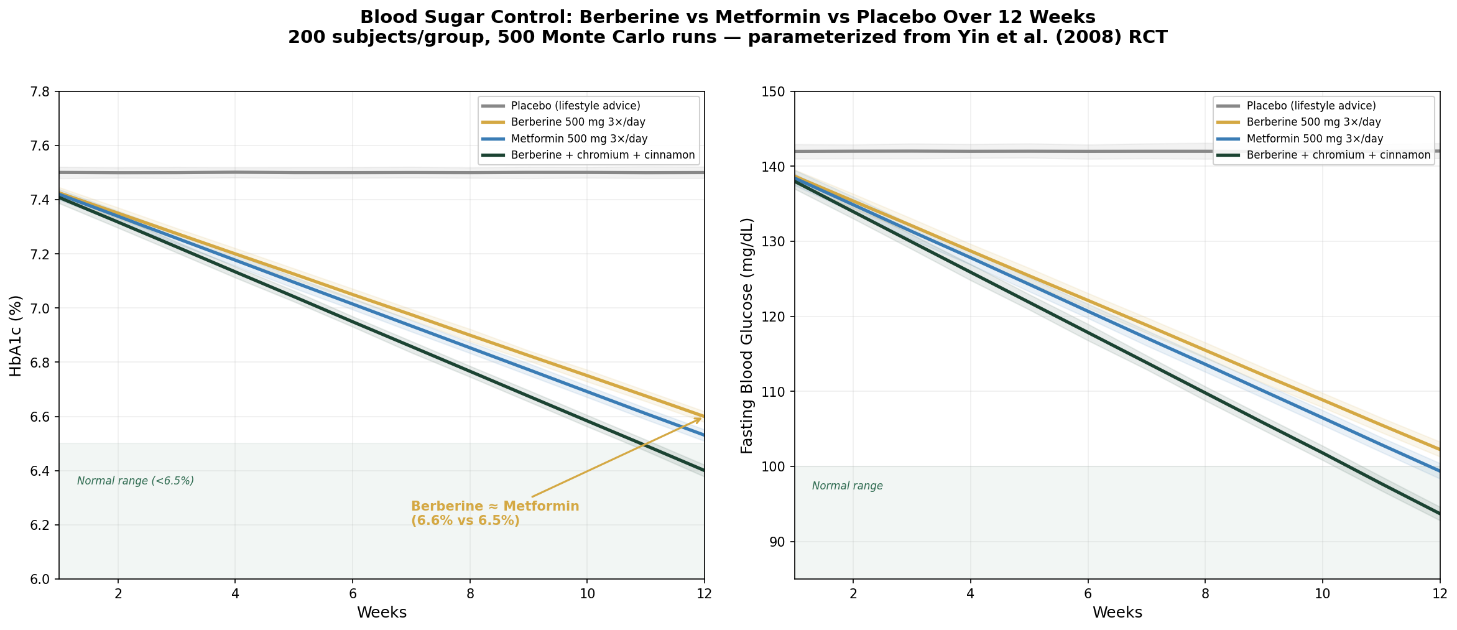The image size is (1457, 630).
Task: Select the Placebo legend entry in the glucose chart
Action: coord(1311,106)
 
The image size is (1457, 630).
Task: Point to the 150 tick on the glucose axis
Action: coord(776,92)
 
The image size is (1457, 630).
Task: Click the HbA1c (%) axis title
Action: coord(16,336)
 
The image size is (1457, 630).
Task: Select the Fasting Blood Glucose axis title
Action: coord(747,336)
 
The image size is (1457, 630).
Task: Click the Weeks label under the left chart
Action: coord(382,613)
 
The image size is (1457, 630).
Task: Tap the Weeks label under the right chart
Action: coord(1117,613)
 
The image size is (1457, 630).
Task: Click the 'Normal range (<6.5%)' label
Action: coord(136,481)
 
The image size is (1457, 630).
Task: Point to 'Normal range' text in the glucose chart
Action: coord(848,486)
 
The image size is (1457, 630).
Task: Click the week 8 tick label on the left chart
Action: coord(470,593)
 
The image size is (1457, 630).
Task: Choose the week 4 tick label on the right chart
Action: coord(971,593)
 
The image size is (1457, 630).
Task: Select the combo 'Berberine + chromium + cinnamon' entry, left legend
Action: coord(603,155)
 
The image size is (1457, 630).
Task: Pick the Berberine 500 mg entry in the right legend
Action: coord(1313,123)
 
